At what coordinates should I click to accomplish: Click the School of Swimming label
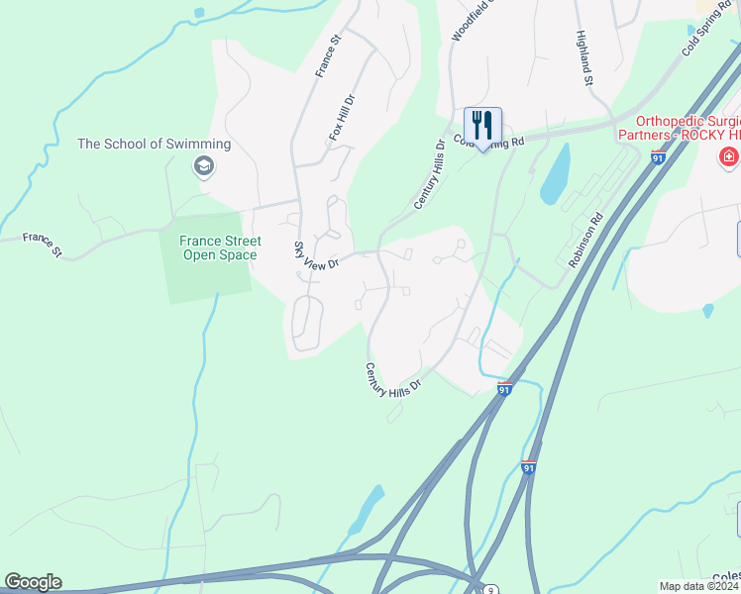coord(154,144)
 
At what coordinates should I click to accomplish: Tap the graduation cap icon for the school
coord(203,165)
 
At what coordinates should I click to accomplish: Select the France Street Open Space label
coord(220,247)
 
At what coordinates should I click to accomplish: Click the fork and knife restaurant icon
coord(482,125)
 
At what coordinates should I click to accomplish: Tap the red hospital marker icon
coord(729,156)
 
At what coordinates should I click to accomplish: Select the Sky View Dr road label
coord(316,254)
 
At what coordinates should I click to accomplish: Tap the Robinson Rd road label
coord(586,243)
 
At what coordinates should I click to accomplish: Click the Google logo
coord(33,582)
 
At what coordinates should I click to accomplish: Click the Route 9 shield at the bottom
coord(491,589)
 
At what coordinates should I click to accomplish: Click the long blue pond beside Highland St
coord(556,173)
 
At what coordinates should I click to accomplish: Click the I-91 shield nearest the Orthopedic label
coord(658,157)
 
